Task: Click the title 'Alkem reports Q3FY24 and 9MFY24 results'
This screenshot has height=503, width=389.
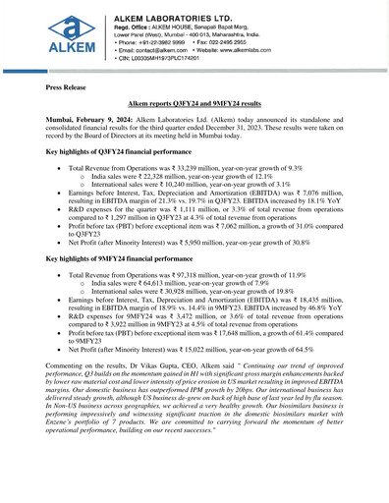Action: point(194,102)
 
